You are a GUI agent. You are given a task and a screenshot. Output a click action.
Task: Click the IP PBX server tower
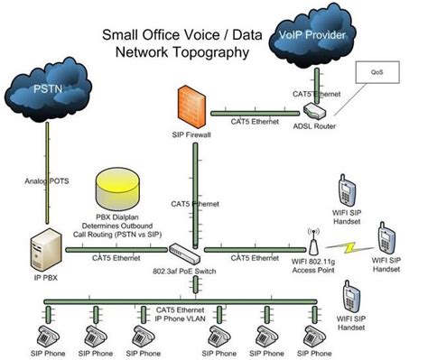[x=41, y=252]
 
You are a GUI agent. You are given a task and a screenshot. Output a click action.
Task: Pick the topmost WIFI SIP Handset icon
[x=346, y=190]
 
